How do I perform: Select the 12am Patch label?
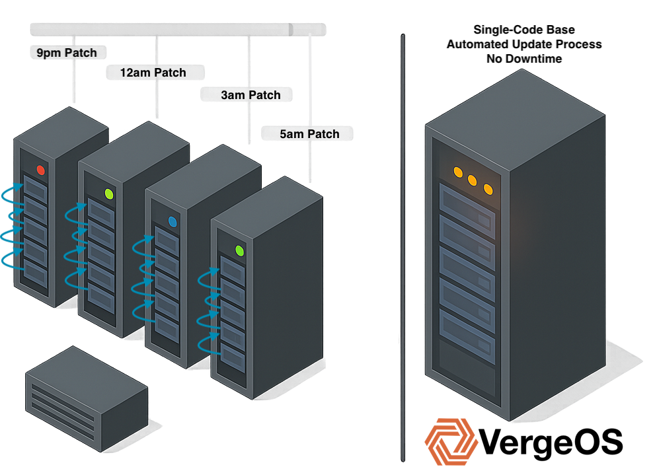153,72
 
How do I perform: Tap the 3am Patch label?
250,95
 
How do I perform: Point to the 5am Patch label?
309,134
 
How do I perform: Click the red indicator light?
41,170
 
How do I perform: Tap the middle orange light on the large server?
473,180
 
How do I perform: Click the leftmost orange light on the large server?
457,172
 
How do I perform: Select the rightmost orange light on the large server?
488,189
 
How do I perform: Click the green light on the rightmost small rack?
240,250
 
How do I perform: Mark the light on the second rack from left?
109,194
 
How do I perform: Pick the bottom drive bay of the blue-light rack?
167,328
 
